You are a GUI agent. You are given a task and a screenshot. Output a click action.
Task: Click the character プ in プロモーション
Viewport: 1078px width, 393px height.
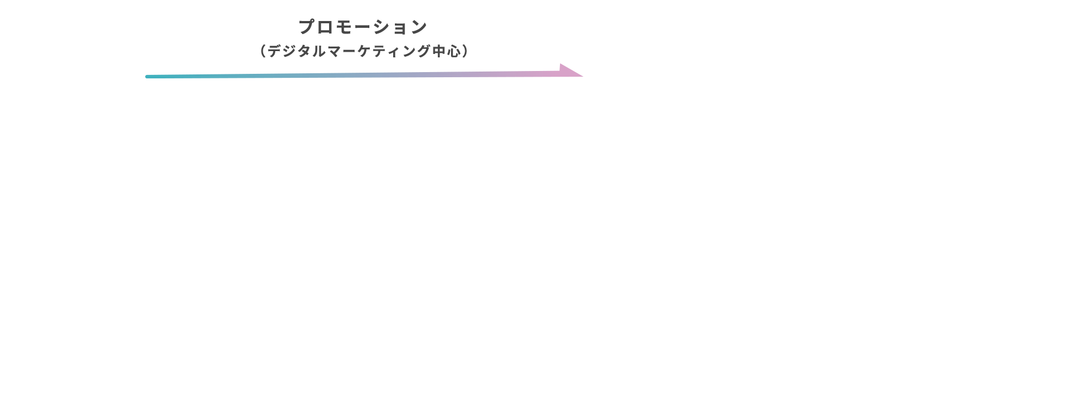(307, 27)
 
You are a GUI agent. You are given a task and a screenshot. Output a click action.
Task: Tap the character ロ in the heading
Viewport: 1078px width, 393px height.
(326, 27)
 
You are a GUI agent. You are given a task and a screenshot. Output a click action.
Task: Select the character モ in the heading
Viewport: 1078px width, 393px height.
(344, 27)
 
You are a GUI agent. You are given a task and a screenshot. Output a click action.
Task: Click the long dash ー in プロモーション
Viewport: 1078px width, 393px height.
(363, 27)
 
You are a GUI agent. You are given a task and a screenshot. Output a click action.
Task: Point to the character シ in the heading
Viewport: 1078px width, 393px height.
(382, 27)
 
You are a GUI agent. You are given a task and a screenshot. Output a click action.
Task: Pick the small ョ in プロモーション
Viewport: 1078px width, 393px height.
(400, 28)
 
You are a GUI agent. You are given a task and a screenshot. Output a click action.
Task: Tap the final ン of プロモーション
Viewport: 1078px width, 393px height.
(419, 27)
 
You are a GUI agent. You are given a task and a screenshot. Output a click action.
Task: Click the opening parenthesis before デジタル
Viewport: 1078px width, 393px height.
(263, 51)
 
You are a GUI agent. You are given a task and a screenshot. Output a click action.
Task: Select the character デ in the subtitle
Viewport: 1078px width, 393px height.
(275, 51)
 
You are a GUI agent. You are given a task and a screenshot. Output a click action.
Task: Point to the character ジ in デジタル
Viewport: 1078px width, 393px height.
(289, 51)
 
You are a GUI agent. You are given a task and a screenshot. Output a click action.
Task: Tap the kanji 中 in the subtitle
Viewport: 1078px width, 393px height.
(439, 51)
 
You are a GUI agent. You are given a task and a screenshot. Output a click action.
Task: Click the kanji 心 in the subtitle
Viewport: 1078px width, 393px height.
(453, 51)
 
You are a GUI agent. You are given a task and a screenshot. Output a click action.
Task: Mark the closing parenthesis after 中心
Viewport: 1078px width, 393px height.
(465, 51)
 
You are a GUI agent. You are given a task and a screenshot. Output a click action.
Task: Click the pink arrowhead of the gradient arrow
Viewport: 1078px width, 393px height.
(571, 70)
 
